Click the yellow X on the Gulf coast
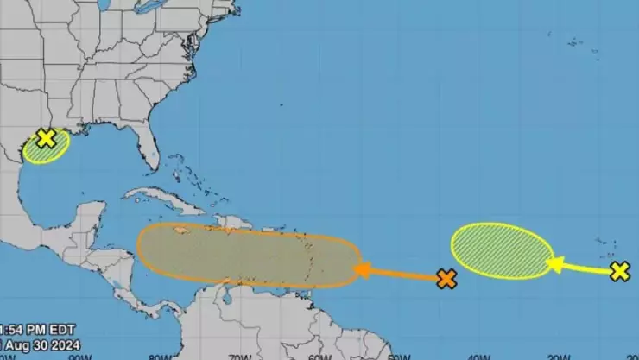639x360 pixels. tap(46, 138)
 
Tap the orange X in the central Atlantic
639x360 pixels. tap(446, 279)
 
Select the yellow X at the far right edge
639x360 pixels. tap(619, 272)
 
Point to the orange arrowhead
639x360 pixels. tap(361, 270)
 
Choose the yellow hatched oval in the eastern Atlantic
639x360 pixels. tap(502, 250)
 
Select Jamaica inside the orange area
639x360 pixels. tap(182, 231)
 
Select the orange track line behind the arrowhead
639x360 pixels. tap(406, 275)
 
